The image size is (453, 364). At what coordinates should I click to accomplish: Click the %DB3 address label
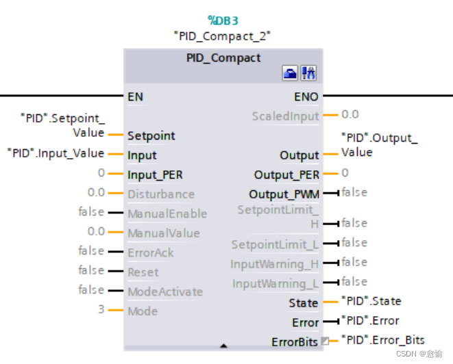(223, 21)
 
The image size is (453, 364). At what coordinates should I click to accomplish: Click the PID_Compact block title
(223, 58)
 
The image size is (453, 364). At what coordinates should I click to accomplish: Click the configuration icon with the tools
(309, 73)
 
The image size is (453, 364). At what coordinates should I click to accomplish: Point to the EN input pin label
(135, 96)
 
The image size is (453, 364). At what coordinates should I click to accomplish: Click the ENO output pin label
(306, 96)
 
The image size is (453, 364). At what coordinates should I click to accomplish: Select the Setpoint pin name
(151, 135)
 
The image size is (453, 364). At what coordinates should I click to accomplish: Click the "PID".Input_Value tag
(56, 153)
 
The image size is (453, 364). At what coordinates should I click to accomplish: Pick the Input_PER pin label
(155, 174)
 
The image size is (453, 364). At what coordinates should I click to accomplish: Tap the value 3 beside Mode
(101, 310)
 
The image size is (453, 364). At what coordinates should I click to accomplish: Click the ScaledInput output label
(285, 116)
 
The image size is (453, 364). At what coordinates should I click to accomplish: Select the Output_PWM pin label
(284, 194)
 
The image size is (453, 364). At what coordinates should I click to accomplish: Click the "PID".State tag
(371, 301)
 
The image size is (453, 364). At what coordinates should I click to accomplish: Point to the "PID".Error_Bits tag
(383, 340)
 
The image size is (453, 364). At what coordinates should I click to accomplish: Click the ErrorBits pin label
(295, 341)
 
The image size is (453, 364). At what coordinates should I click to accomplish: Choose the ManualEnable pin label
(167, 213)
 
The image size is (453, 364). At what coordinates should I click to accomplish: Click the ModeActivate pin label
(165, 291)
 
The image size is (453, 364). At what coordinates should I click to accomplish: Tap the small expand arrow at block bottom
(223, 343)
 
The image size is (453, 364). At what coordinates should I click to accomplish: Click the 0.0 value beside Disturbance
(96, 193)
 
